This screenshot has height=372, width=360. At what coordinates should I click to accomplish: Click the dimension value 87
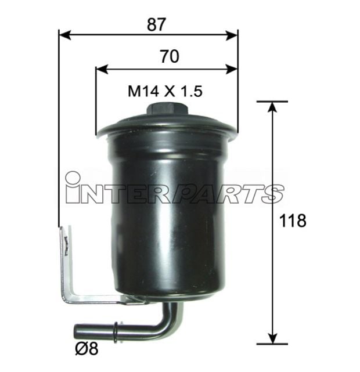[157, 24]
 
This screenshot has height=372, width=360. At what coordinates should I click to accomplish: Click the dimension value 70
[168, 56]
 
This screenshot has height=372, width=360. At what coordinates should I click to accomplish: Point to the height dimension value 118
[292, 221]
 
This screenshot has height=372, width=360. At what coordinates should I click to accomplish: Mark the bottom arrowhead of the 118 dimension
[272, 340]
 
